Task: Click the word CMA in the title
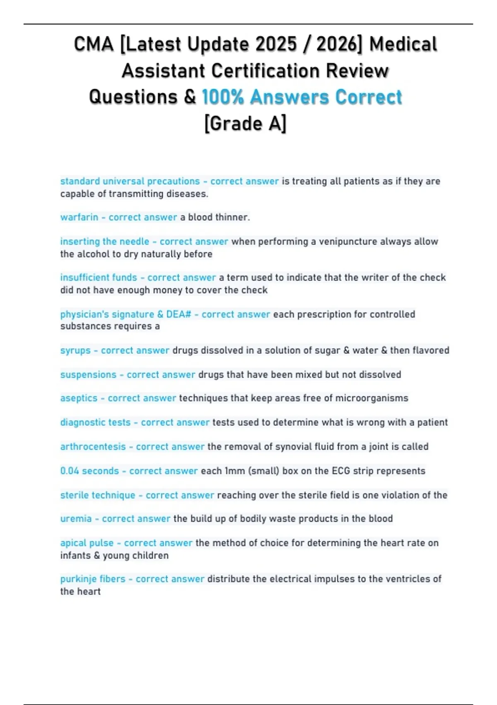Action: click(x=94, y=44)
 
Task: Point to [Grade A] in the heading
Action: click(x=245, y=124)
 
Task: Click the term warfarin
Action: click(x=79, y=217)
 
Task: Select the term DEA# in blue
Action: click(x=179, y=314)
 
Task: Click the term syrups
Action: click(x=75, y=350)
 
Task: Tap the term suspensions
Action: click(x=88, y=374)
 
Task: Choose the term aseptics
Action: click(x=79, y=398)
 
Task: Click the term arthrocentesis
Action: click(x=93, y=447)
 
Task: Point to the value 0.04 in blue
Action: click(x=70, y=471)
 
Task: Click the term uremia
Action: click(x=76, y=519)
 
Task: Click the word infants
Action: click(x=75, y=556)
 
